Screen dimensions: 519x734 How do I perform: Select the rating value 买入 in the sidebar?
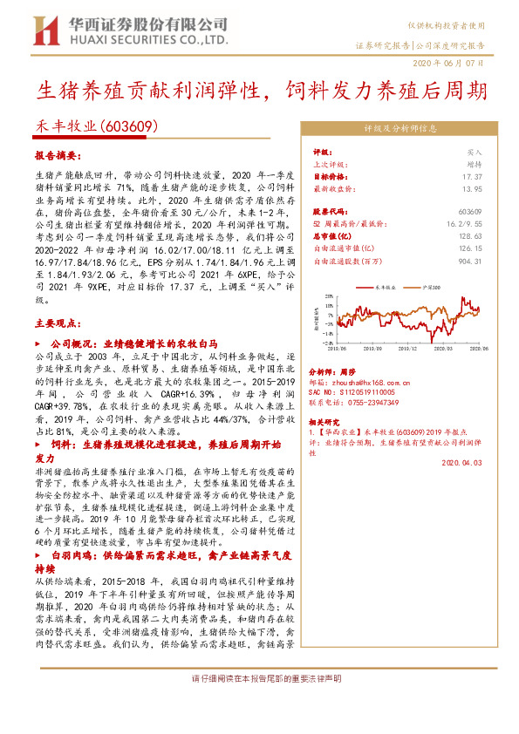pyautogui.click(x=474, y=151)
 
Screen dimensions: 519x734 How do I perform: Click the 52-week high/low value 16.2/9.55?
pyautogui.click(x=466, y=223)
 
